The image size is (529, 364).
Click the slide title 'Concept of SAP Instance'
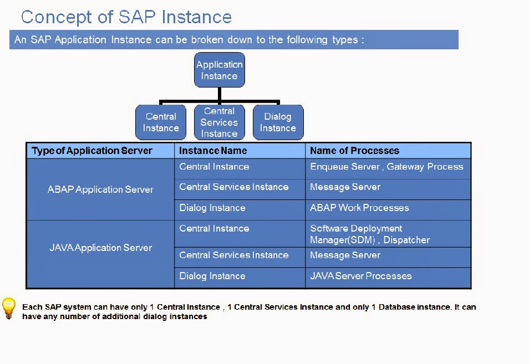tap(126, 17)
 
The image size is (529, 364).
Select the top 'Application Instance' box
tap(220, 70)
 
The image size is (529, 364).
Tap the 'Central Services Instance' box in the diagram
tap(219, 122)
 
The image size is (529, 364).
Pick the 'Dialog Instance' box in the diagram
tap(278, 122)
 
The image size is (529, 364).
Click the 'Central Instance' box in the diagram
tap(161, 122)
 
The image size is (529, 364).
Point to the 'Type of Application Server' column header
tap(92, 151)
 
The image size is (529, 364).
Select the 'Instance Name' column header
tap(213, 151)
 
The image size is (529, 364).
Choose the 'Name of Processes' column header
tap(354, 151)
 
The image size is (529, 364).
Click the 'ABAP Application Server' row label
tap(100, 189)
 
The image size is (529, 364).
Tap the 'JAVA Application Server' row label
tap(100, 248)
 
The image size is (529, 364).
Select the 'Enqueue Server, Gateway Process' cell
tap(386, 167)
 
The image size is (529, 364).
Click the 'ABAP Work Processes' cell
tap(359, 208)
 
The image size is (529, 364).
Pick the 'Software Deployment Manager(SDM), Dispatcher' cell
tap(370, 234)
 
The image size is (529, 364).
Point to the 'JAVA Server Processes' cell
tap(361, 276)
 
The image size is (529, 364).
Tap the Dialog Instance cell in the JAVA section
tap(212, 276)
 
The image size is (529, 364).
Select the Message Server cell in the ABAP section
tap(345, 187)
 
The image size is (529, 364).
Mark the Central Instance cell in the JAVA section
tap(214, 228)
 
